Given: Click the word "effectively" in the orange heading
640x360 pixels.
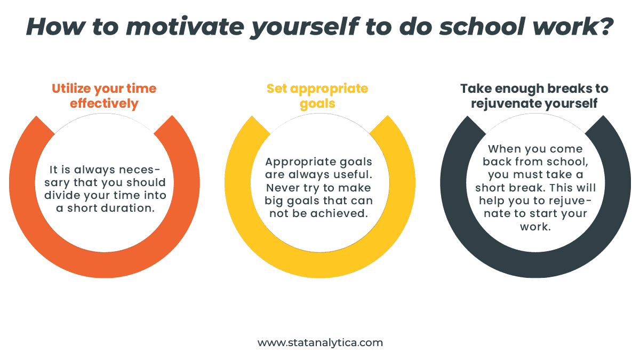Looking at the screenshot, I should pyautogui.click(x=104, y=103).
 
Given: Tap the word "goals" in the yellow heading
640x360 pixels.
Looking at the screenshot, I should pyautogui.click(x=317, y=103).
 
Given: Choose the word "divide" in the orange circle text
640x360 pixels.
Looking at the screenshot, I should pyautogui.click(x=63, y=196).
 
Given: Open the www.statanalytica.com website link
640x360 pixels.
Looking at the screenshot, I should pyautogui.click(x=320, y=343).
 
